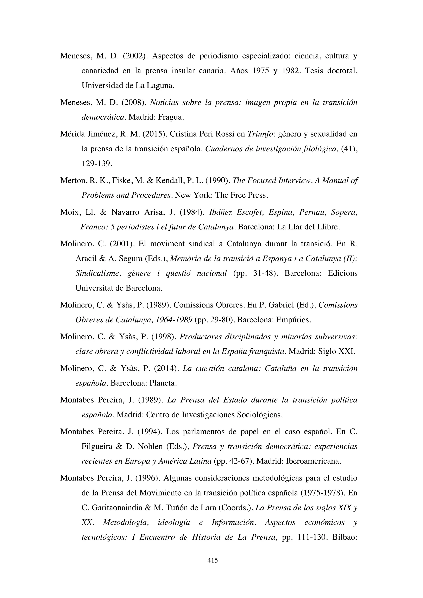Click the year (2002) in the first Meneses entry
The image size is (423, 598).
tap(134, 56)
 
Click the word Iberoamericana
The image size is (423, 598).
tap(313, 461)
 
